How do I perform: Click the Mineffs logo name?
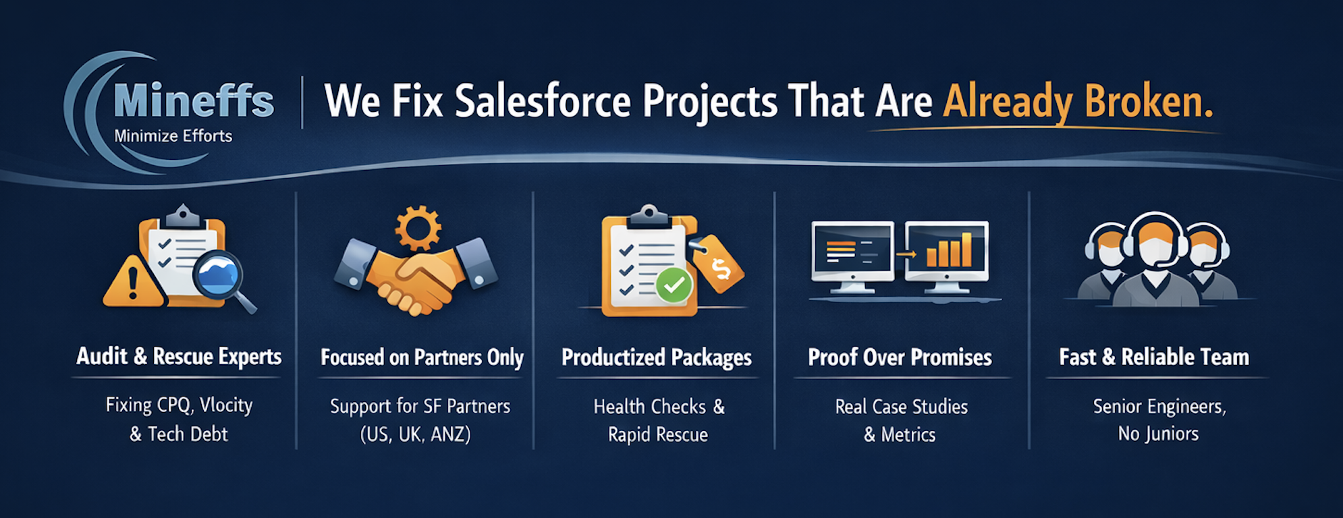point(194,100)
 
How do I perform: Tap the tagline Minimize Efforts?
point(173,136)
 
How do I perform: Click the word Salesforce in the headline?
point(543,102)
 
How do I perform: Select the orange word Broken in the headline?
point(1148,102)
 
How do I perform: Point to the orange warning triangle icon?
point(133,282)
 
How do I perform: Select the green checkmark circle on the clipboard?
point(674,285)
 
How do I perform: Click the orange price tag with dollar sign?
point(718,264)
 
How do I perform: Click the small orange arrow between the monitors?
point(906,254)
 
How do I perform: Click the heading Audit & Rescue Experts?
point(179,357)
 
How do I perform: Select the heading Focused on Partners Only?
point(422,357)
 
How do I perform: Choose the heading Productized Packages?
point(657,357)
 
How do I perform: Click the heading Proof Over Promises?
point(900,357)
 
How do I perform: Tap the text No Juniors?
point(1159,434)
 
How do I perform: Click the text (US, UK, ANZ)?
point(416,434)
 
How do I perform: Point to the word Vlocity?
point(227,405)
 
